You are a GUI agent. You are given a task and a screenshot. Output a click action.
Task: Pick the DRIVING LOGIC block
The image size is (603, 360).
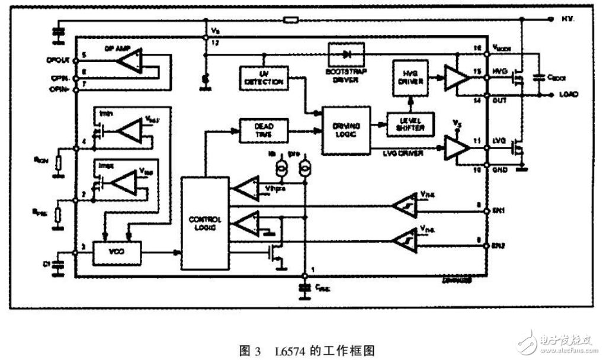pos(345,130)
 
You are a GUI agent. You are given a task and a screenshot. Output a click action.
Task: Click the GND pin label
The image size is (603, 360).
pos(499,169)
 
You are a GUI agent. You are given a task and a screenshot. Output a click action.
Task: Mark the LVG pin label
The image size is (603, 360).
pos(499,142)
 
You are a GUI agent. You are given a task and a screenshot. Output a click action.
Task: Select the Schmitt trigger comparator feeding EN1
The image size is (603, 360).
pos(405,207)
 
